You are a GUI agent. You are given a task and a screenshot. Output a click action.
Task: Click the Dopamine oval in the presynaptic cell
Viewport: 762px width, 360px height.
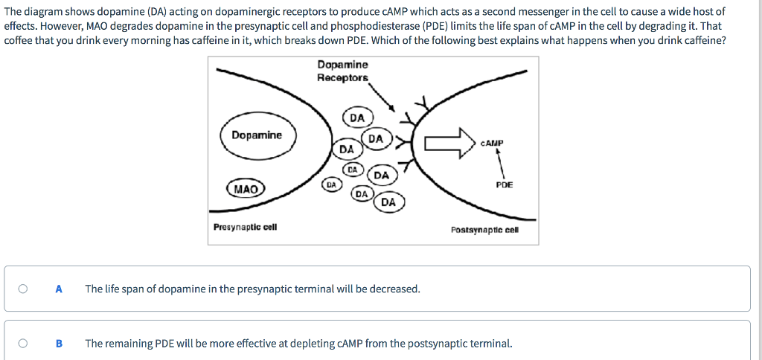click(x=257, y=135)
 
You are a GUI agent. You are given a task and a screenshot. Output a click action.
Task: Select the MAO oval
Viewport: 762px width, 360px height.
click(x=246, y=189)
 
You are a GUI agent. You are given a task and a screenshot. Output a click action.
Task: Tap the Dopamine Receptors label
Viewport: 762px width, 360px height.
click(x=342, y=71)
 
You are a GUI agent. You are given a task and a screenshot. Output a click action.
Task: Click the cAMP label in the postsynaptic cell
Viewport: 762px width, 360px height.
click(x=493, y=142)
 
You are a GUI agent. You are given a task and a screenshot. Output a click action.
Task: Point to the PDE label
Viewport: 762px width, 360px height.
click(x=504, y=184)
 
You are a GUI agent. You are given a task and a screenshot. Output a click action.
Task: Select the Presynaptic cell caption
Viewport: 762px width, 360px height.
click(x=245, y=226)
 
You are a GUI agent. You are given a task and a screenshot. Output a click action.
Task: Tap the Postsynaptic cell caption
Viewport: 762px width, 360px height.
click(x=484, y=229)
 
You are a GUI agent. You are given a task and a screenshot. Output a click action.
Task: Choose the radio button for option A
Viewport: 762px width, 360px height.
click(x=24, y=289)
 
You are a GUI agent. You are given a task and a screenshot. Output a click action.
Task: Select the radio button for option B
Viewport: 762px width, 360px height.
click(x=24, y=344)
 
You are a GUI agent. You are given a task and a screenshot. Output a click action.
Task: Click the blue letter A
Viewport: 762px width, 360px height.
click(x=59, y=289)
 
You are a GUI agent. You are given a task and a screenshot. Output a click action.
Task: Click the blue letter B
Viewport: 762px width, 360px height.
click(x=59, y=344)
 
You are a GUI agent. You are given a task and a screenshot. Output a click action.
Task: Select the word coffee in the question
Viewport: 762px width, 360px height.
click(x=19, y=40)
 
